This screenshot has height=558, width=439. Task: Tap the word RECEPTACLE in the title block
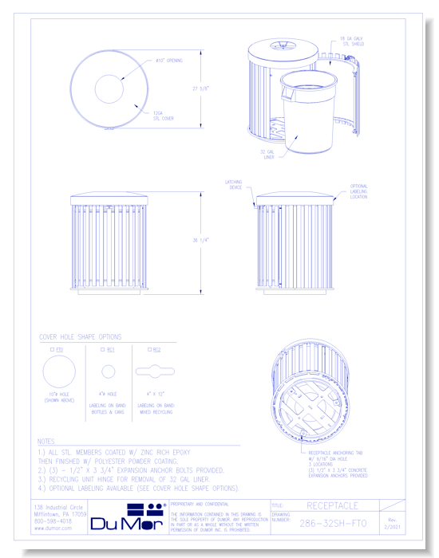[332, 505]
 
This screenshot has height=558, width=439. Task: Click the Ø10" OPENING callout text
[168, 61]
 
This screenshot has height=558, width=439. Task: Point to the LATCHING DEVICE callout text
[233, 185]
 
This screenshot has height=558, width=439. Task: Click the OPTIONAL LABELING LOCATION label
[358, 191]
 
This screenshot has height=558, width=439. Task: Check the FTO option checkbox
[52, 349]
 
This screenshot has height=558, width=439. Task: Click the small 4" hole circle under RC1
[108, 371]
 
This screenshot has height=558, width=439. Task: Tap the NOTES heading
[46, 441]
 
